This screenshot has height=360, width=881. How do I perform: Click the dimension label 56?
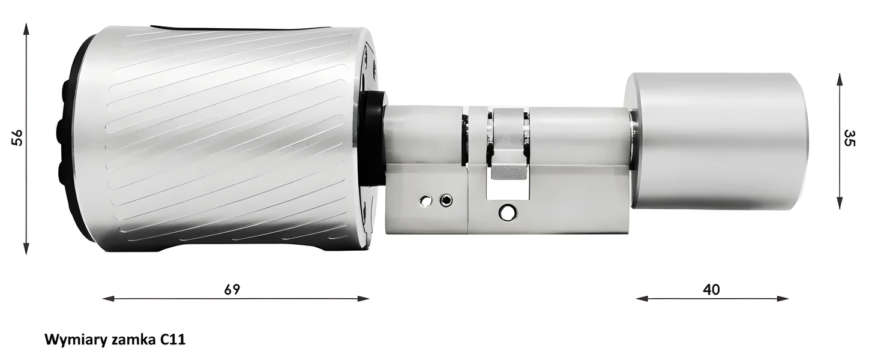click(17, 138)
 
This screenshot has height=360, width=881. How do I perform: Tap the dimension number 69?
click(232, 290)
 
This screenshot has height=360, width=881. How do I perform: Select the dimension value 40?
click(712, 290)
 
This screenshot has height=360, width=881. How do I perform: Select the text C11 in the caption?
click(173, 340)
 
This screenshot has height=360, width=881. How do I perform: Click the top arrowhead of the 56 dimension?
click(26, 29)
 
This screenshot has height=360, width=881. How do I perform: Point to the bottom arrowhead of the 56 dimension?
click(26, 248)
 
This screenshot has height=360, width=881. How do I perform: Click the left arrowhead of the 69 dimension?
click(108, 299)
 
